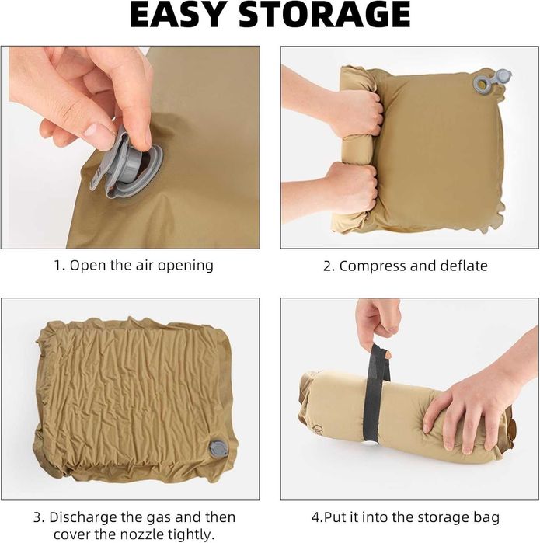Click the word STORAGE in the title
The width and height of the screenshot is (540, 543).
(325, 16)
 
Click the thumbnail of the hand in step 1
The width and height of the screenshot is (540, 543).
(100, 131)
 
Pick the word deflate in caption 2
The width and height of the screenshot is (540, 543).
(464, 266)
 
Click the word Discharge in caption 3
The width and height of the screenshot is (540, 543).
(82, 517)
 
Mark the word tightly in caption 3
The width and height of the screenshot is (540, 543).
(191, 534)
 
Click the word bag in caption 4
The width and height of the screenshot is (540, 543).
(486, 518)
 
